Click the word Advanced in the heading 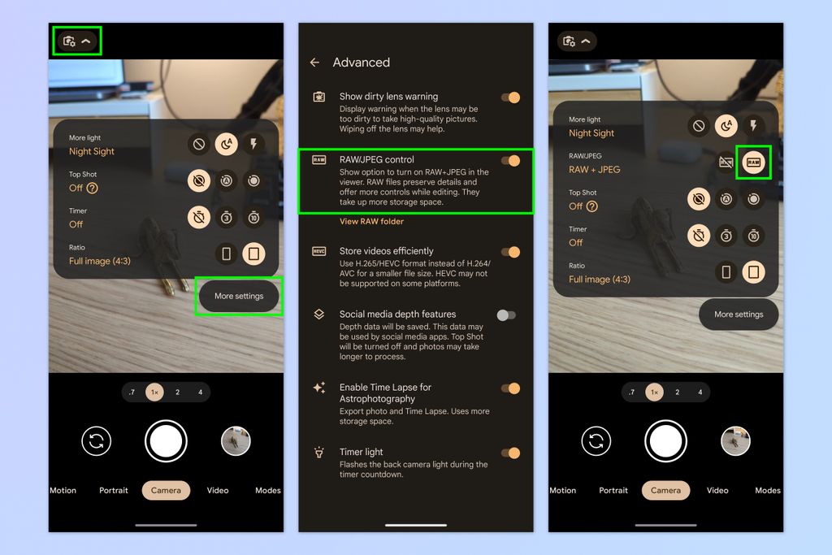(362, 63)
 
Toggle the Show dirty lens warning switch (510, 98)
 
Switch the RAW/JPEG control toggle (510, 161)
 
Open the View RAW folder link (371, 221)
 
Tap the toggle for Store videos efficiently (510, 252)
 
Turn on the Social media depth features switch (507, 314)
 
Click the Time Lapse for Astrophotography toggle (510, 388)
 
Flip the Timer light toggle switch (510, 453)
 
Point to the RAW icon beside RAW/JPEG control (319, 161)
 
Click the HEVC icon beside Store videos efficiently (319, 252)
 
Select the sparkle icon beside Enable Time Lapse (319, 388)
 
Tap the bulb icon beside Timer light (319, 453)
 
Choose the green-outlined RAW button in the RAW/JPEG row (753, 163)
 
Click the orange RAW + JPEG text (594, 170)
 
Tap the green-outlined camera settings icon (70, 41)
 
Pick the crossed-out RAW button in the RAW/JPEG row (726, 163)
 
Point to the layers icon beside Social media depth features (319, 314)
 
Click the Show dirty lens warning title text (388, 97)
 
